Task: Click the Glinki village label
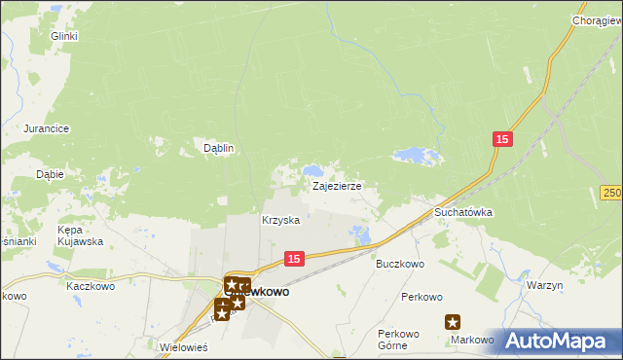coord(63,36)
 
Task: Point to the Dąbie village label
coord(50,174)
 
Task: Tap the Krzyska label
coord(280,221)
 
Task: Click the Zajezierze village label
coord(337,185)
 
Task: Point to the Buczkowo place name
coord(400,264)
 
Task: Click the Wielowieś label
coord(188,345)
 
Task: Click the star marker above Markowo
coord(453,322)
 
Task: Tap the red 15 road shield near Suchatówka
coord(501,140)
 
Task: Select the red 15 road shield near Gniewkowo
coord(296,258)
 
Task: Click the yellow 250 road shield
coord(611,194)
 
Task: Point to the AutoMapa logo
coord(559,341)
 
